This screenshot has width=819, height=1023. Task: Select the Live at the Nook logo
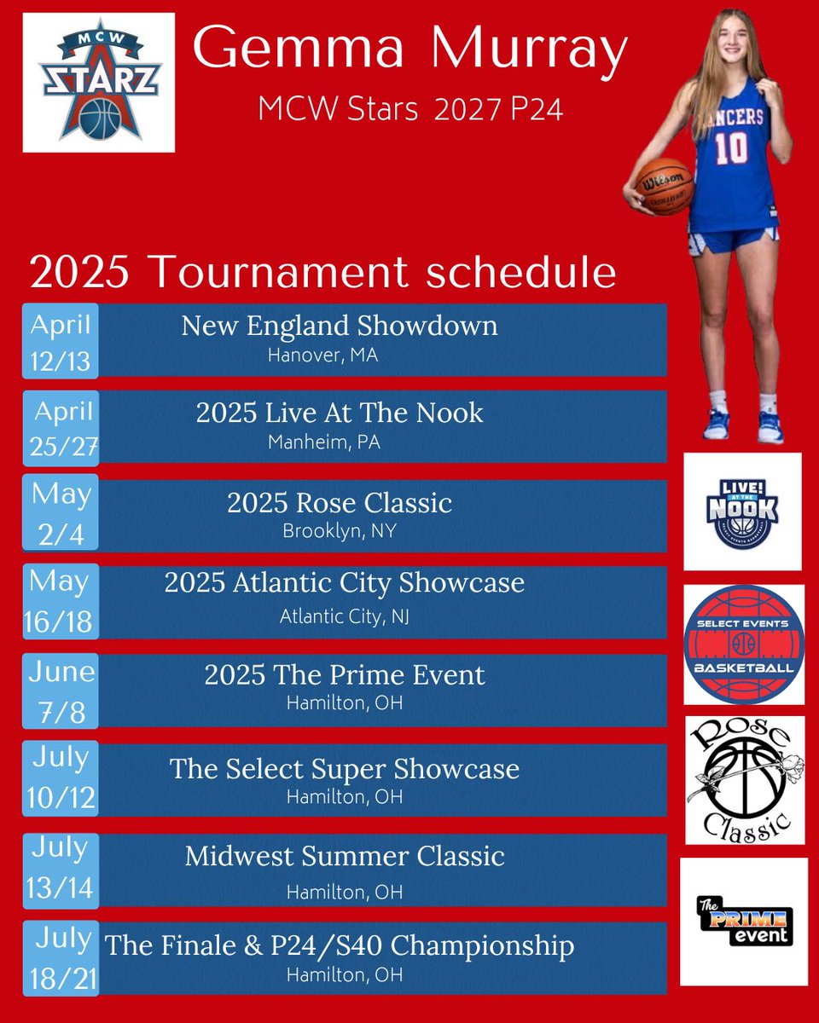(x=742, y=511)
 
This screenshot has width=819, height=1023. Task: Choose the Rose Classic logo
(x=745, y=779)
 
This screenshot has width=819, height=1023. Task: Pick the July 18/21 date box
(x=61, y=958)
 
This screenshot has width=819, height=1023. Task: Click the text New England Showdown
(x=340, y=326)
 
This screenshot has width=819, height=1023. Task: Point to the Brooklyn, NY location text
(x=340, y=531)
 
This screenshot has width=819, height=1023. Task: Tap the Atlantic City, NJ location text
(x=345, y=616)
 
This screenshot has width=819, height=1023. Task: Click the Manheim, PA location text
(x=323, y=442)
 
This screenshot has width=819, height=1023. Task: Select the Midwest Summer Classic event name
(x=345, y=856)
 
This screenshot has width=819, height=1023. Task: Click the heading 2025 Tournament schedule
(x=322, y=273)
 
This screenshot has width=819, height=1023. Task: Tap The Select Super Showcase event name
(x=345, y=769)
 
